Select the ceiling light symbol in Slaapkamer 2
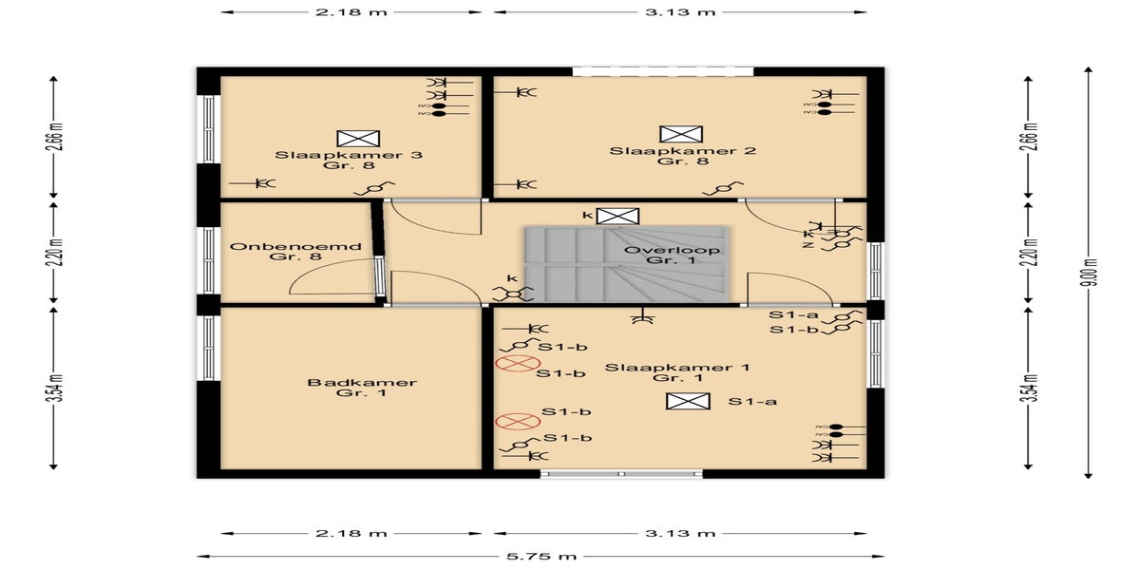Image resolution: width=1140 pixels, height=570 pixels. click(x=681, y=134)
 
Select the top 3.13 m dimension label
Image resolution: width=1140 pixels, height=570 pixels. click(x=679, y=12)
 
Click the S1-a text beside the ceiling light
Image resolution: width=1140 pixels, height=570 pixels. click(x=753, y=402)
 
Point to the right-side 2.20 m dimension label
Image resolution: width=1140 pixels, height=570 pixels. click(x=1028, y=253)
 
